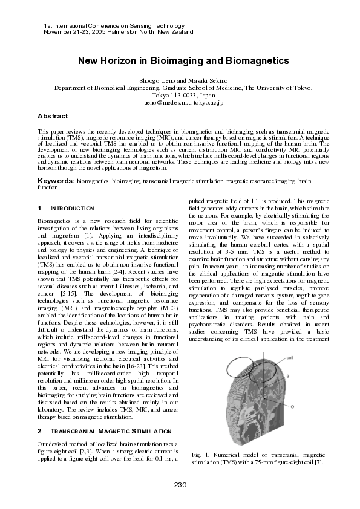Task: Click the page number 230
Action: pos(180,485)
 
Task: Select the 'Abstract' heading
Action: pos(53,115)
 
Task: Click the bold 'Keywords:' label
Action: pos(56,181)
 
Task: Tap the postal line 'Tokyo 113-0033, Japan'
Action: pos(180,96)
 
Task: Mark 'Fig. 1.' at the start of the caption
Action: pos(200,455)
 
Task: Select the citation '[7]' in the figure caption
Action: pos(318,462)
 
